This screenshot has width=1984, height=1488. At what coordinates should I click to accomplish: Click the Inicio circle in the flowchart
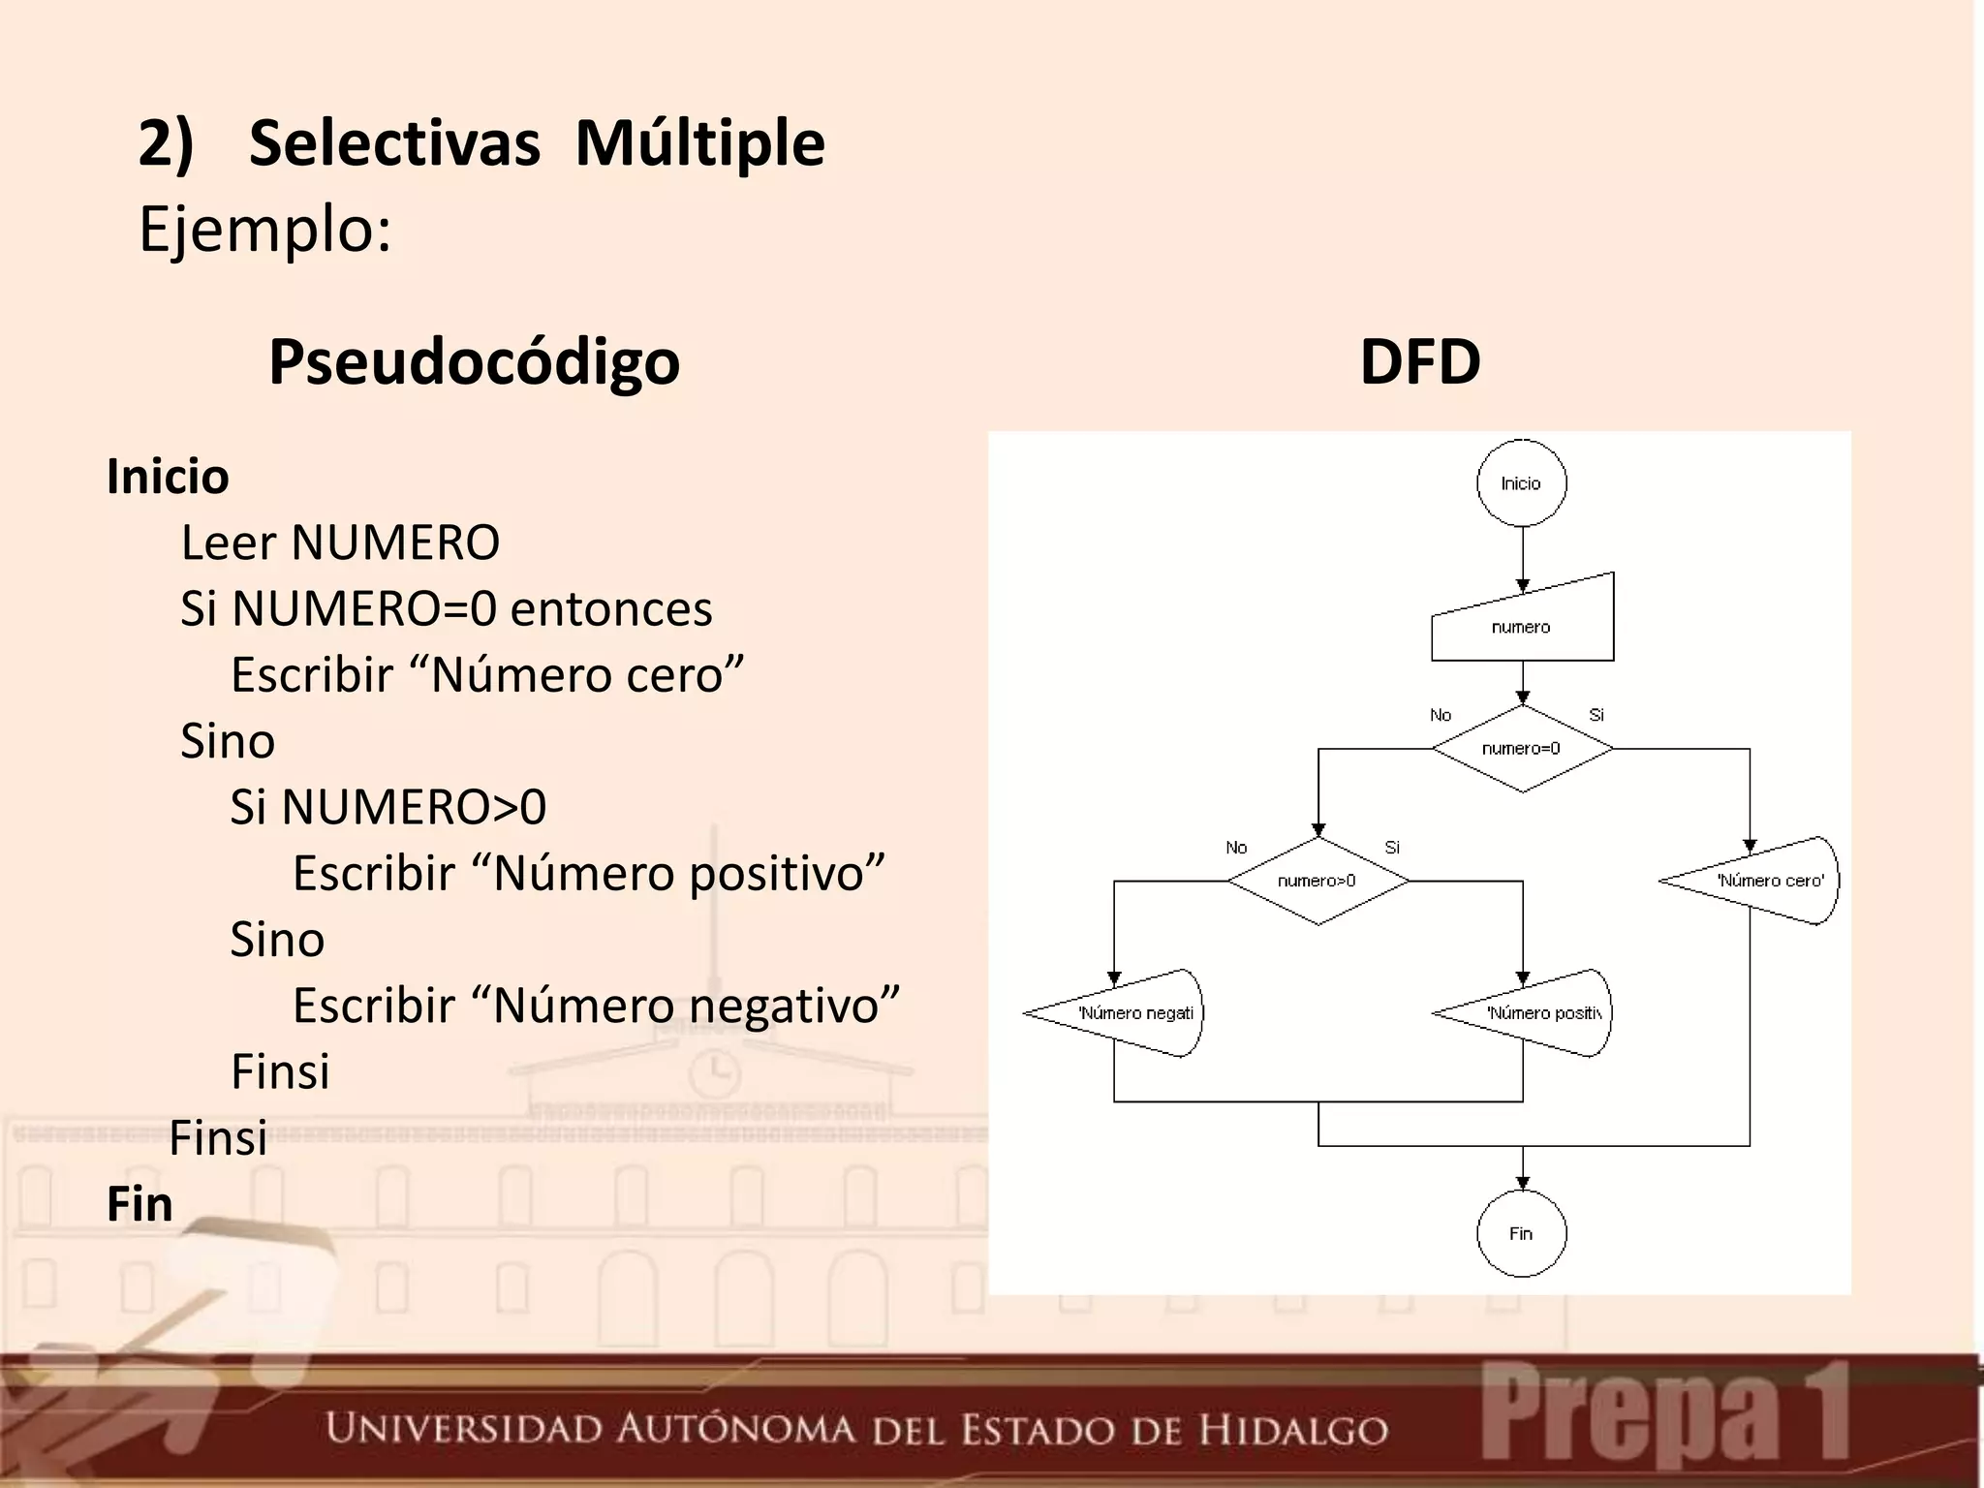[x=1521, y=483]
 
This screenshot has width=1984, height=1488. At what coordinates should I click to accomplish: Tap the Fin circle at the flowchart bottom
[x=1521, y=1233]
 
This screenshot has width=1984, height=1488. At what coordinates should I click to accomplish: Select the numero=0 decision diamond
[x=1522, y=749]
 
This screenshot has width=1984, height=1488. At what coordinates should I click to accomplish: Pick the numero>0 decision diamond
[x=1317, y=882]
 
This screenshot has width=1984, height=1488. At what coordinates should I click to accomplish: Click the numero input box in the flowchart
[x=1522, y=624]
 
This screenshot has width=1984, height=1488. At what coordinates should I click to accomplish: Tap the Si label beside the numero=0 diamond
[x=1596, y=715]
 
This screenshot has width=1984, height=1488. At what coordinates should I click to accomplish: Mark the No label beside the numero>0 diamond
[x=1236, y=848]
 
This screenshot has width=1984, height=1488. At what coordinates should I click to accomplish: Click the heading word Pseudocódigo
[x=474, y=361]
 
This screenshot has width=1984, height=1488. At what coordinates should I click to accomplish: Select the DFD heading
[x=1420, y=361]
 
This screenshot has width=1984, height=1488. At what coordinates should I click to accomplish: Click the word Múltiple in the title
[x=699, y=143]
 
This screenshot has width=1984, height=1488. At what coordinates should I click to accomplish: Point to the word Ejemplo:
[x=265, y=231]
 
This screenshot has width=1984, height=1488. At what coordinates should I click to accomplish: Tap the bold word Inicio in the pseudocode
[x=168, y=477]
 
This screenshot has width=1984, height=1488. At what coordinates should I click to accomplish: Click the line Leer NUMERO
[x=340, y=542]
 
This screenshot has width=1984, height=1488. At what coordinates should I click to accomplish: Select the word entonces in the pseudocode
[x=611, y=608]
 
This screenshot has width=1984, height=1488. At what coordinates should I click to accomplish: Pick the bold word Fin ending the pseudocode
[x=139, y=1204]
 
